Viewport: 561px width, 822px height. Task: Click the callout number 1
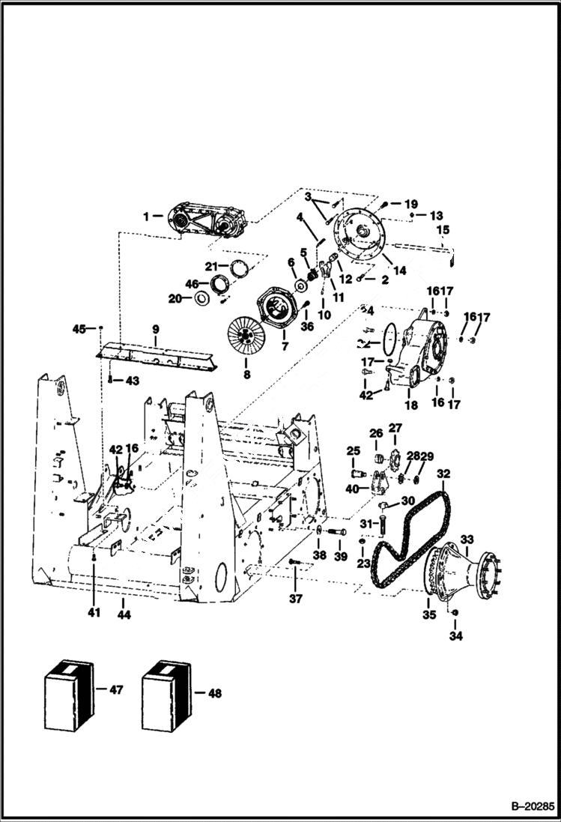pos(148,217)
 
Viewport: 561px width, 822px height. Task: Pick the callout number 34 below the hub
pos(455,636)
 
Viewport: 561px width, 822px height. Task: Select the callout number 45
pos(79,328)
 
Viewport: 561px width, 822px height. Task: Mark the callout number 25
pos(353,450)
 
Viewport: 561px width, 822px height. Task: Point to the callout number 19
pos(411,203)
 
